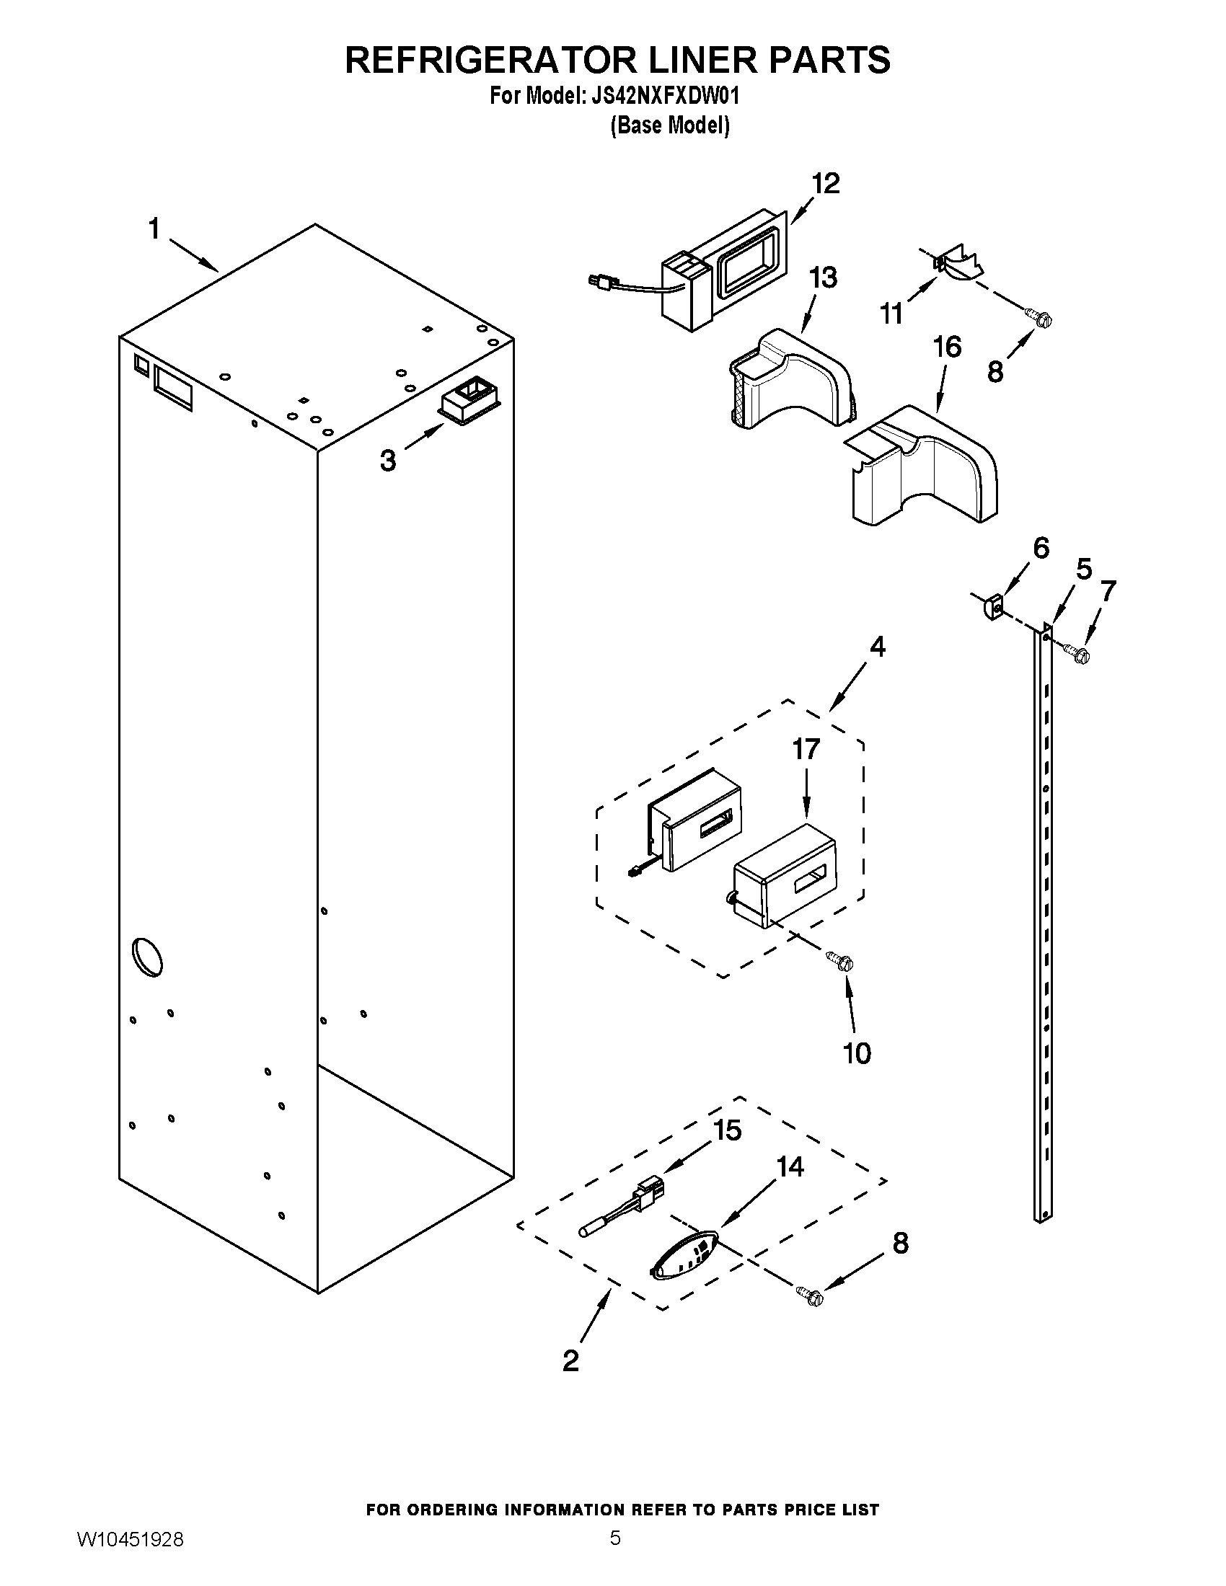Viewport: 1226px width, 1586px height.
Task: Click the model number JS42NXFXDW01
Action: tap(661, 97)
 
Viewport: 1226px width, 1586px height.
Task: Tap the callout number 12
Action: tap(825, 183)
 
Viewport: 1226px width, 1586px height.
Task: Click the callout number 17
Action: tap(806, 749)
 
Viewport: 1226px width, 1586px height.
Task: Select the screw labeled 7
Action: tap(1078, 654)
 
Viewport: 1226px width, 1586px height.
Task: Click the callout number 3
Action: tap(389, 461)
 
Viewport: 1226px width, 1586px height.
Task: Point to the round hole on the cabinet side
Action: tap(146, 957)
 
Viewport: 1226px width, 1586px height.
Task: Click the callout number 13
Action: tap(823, 278)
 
